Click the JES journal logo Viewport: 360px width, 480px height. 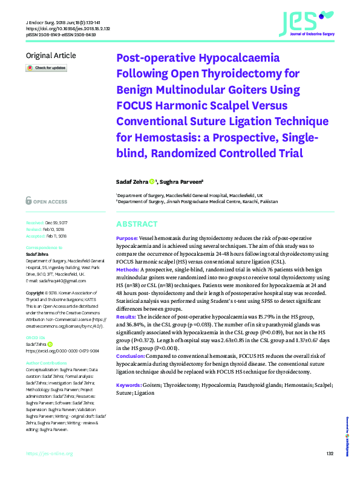(306, 23)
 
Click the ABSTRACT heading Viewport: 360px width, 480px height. (136, 224)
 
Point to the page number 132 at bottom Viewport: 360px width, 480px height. (330, 454)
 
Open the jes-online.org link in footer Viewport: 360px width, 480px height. (46, 454)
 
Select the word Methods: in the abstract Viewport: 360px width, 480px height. (128, 268)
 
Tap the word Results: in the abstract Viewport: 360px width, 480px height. (126, 317)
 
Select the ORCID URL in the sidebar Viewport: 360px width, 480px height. (62, 350)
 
